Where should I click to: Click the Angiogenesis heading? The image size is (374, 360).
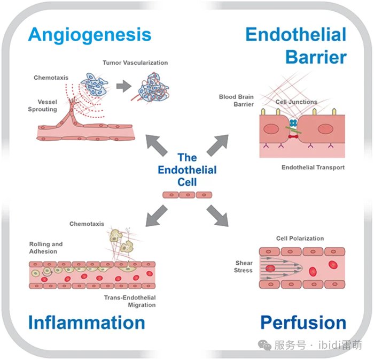coord(90,35)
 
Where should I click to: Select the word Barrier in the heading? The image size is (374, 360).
coord(316,57)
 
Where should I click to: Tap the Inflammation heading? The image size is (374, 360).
coord(87,323)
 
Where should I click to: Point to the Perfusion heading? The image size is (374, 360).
coord(303,323)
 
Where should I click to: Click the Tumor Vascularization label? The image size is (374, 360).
coord(135,63)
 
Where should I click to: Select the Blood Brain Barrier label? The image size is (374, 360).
coord(236,101)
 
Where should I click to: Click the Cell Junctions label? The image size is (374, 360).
coord(296,102)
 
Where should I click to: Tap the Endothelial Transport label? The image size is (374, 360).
coord(313,167)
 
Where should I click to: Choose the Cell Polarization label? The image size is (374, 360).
coord(300,239)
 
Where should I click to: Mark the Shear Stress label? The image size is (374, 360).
coord(244,266)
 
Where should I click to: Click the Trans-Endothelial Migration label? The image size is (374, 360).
coord(130,301)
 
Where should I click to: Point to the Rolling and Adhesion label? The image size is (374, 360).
coord(46,248)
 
